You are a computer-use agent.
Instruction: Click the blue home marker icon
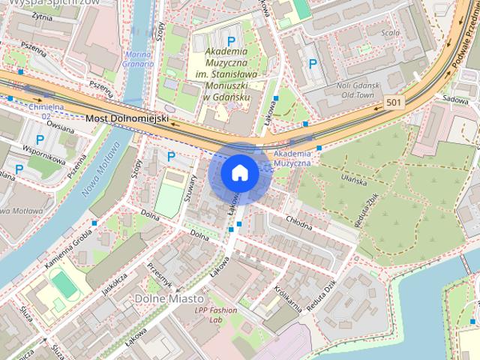240,173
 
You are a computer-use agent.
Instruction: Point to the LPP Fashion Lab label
215,315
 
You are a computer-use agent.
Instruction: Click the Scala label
389,33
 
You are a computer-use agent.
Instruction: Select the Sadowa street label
455,98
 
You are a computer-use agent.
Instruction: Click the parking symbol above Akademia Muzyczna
232,40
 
